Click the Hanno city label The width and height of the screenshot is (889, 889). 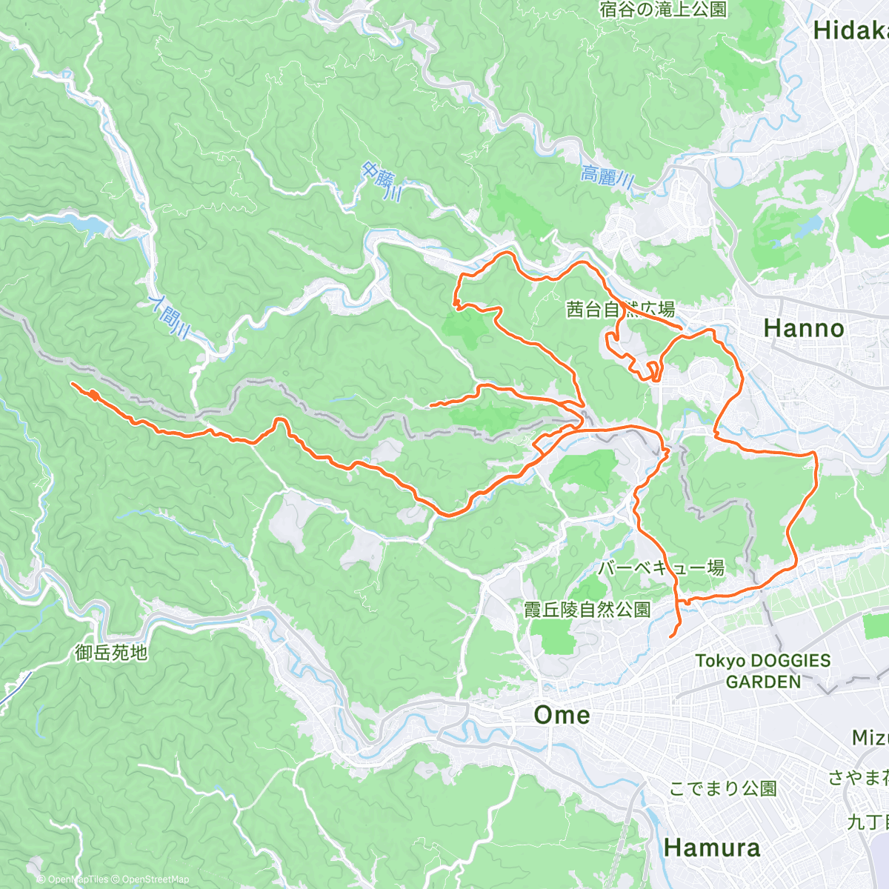pos(803,328)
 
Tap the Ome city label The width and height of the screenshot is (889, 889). pos(562,715)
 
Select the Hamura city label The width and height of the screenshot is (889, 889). pos(711,848)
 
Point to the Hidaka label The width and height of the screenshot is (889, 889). pos(850,30)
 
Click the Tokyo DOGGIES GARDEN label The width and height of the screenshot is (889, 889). pos(763,671)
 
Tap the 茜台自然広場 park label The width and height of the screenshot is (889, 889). pos(620,309)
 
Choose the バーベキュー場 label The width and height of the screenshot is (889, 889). pos(661,568)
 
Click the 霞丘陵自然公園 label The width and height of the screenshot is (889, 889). pos(587,610)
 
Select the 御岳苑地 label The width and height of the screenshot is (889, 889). pos(111,653)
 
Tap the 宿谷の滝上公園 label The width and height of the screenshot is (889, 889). pos(663,10)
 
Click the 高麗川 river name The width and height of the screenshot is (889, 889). pos(607,176)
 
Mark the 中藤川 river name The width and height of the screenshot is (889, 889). pos(382,182)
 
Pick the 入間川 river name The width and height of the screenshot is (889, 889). pos(168,316)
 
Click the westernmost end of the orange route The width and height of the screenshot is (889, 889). pos(72,384)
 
